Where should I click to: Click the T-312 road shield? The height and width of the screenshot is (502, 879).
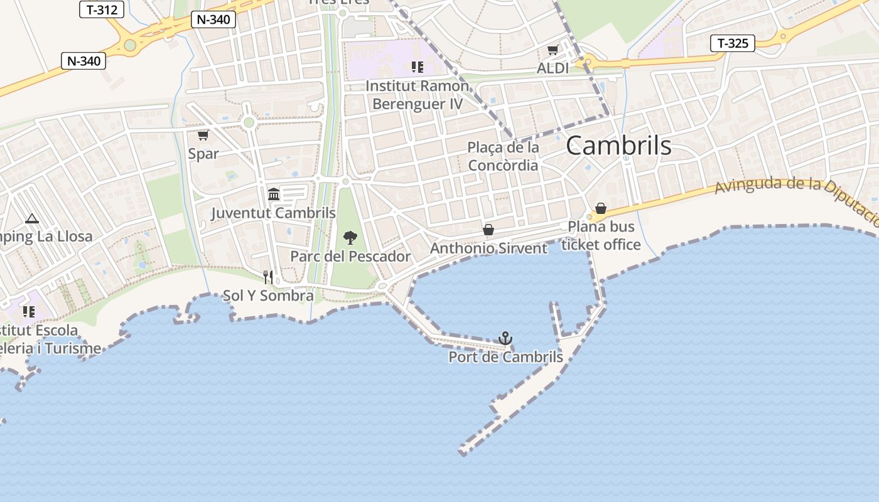[102, 9]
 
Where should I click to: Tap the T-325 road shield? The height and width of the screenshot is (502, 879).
[733, 43]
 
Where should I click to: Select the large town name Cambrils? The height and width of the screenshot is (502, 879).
[618, 146]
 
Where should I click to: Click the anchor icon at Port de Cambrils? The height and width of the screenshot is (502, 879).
[505, 339]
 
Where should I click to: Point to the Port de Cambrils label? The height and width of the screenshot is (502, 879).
[505, 357]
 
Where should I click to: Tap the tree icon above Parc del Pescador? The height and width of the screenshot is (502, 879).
[350, 238]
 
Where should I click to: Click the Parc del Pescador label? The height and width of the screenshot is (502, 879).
[350, 256]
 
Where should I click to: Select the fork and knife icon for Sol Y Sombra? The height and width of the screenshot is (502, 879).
[269, 277]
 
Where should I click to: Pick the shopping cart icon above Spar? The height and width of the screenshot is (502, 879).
[203, 135]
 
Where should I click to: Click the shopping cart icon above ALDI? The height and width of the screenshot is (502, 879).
[553, 50]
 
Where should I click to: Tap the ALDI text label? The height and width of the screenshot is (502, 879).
[553, 68]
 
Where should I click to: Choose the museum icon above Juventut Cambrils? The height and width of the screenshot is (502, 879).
[274, 195]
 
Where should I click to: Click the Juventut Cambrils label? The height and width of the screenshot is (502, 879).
[274, 213]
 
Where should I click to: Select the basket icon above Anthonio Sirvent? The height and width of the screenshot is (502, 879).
[488, 230]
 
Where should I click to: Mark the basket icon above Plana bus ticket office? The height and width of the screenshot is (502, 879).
[601, 208]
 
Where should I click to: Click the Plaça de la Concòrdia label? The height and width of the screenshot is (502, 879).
[504, 156]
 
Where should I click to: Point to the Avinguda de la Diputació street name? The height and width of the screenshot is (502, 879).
[797, 195]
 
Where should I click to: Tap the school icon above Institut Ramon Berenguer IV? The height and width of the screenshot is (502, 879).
[417, 67]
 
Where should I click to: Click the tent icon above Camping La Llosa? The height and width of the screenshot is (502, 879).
[32, 218]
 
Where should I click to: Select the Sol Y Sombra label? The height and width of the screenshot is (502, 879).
[269, 296]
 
